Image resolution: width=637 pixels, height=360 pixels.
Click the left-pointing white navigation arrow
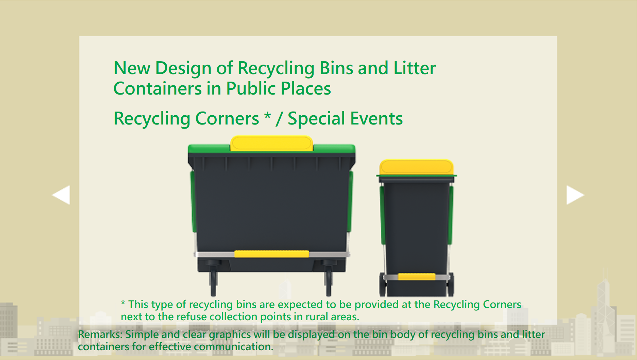(x=62, y=195)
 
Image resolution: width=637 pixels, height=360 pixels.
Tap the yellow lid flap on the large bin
(x=271, y=143)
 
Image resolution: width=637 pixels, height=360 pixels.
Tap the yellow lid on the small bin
(x=416, y=167)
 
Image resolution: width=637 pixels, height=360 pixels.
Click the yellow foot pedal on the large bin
(x=271, y=254)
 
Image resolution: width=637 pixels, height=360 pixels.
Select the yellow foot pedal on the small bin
(x=417, y=276)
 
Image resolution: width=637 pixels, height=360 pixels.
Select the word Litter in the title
(x=414, y=68)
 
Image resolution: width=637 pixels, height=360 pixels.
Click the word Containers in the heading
(x=157, y=89)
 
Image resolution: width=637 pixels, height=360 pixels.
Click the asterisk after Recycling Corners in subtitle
(x=267, y=117)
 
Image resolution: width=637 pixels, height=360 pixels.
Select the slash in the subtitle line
(x=279, y=119)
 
